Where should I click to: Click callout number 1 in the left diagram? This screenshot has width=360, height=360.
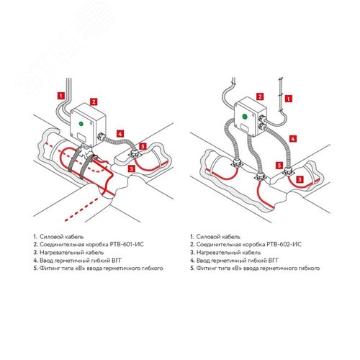pos(61,96)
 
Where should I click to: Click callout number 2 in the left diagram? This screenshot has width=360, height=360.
pos(94,102)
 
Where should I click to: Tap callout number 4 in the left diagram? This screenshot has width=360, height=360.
pos(120,134)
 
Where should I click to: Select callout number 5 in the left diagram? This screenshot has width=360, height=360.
pos(143,146)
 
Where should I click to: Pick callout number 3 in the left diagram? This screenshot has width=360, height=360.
pos(131,168)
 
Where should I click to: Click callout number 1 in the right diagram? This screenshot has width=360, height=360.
pos(289,99)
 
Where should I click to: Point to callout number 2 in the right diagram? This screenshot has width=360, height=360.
pos(260,96)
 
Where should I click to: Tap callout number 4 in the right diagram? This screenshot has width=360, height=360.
pos(293,138)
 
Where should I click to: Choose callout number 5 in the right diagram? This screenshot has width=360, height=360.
pos(279,166)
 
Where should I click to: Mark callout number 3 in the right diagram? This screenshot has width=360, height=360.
pos(300,179)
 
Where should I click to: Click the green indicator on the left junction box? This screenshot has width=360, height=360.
pos(81,124)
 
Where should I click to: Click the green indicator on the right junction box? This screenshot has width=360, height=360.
pos(245,117)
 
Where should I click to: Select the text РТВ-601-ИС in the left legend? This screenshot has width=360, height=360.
pos(127,245)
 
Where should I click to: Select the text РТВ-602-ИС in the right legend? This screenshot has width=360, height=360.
pos(284,245)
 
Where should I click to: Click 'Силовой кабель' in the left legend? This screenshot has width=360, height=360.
pos(62,237)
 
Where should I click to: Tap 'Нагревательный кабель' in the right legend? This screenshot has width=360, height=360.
pos(228,253)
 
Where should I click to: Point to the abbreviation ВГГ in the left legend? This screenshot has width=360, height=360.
pos(117,261)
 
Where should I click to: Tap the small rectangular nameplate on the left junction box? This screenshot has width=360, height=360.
pos(82,137)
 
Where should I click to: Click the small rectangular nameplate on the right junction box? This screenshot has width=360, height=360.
pos(245,127)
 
